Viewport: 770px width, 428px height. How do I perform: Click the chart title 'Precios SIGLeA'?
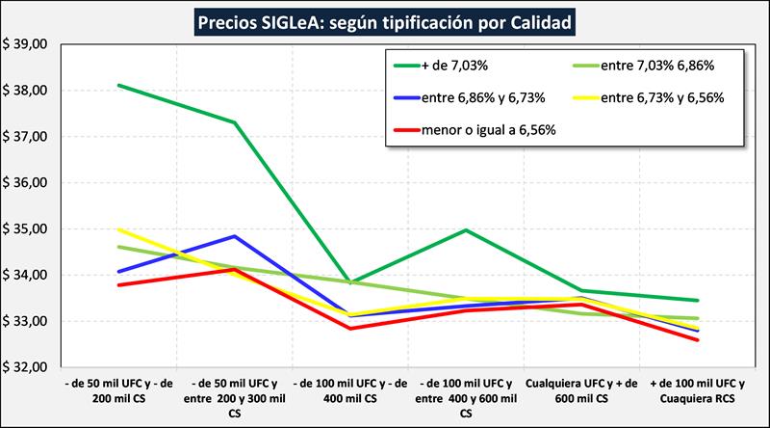(384, 19)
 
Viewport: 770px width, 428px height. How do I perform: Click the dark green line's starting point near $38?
(117, 85)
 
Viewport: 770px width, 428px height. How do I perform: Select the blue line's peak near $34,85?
(234, 236)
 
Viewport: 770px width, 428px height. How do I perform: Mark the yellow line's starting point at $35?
(117, 229)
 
